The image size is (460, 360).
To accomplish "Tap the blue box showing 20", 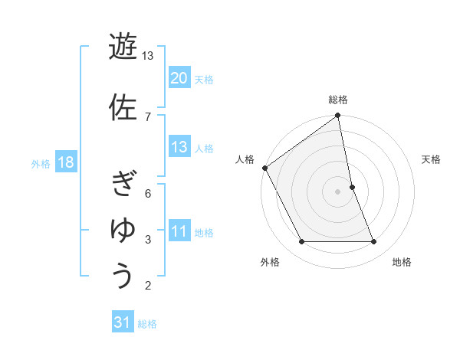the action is click(x=179, y=78).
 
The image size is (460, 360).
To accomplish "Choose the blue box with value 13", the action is click(x=179, y=147).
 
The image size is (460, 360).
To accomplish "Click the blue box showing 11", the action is click(x=179, y=232).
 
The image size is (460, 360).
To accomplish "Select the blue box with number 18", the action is click(x=65, y=162).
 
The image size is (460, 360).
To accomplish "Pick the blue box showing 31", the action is click(x=123, y=322).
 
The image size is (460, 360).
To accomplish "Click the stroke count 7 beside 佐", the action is click(x=148, y=116).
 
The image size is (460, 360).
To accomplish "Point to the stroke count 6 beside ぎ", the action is click(x=148, y=193).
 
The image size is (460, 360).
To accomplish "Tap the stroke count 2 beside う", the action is click(x=148, y=286).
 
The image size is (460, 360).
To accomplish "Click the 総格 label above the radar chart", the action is click(x=338, y=100).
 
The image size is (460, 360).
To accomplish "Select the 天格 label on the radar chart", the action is click(x=432, y=159).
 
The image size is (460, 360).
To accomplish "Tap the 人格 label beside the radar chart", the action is click(x=245, y=159).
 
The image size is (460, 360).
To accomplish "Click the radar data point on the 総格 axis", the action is click(x=338, y=116).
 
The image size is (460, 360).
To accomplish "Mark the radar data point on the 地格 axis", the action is click(x=374, y=242).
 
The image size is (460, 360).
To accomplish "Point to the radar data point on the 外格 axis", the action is click(x=301, y=242).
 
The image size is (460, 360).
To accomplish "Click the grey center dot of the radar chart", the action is click(x=338, y=191).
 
